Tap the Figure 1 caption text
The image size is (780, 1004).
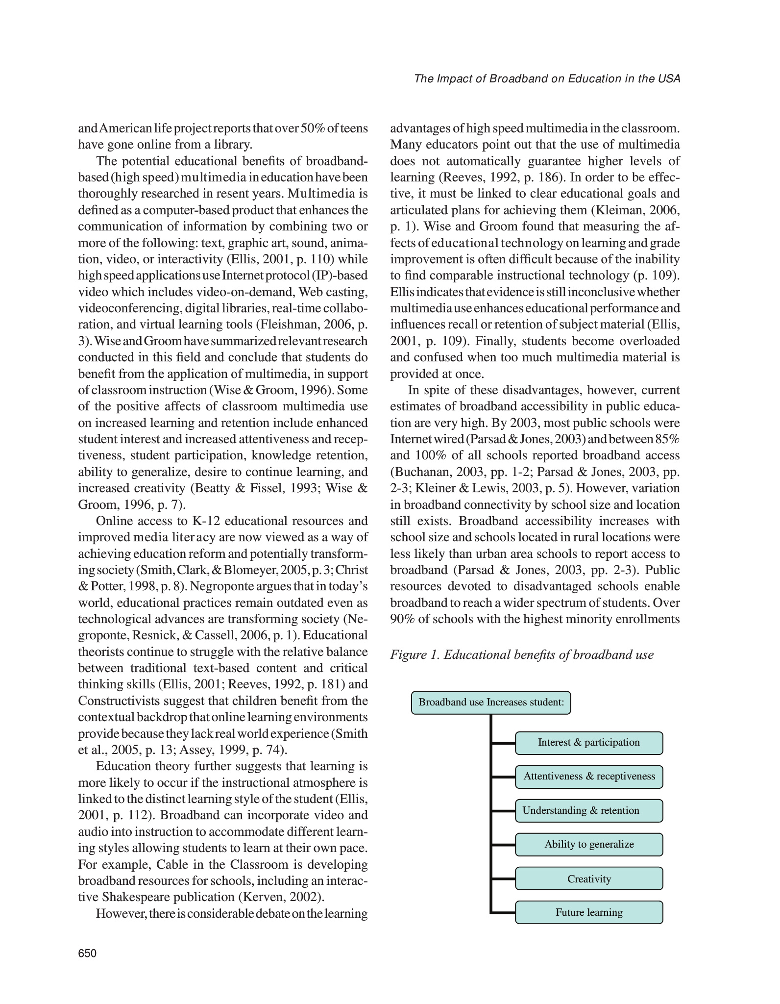coord(522,655)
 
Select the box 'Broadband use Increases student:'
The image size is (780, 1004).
coord(491,703)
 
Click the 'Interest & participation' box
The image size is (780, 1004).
coord(588,743)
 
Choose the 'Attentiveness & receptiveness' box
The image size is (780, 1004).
coord(588,777)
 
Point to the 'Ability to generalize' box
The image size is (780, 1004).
coord(588,844)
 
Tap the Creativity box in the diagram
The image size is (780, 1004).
coord(588,878)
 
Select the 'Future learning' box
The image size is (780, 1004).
coord(588,912)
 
